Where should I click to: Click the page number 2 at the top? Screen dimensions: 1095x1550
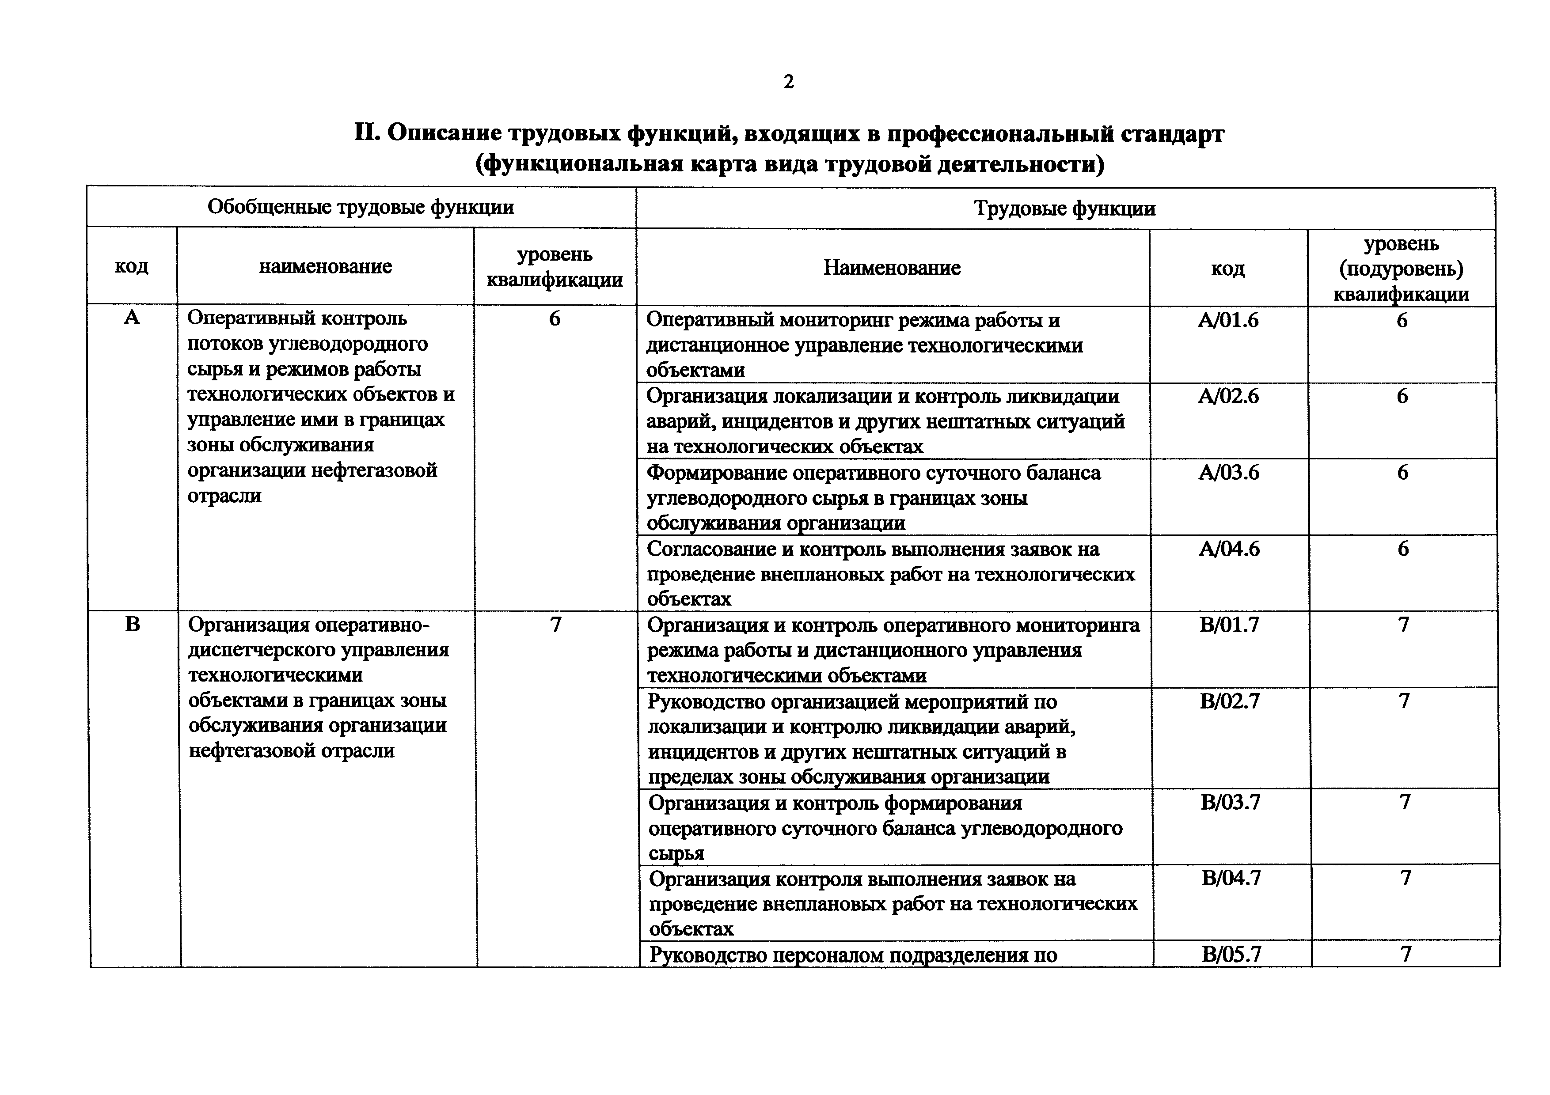coord(789,82)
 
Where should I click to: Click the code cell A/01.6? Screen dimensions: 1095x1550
coord(1228,320)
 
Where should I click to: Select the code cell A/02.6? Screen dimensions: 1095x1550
coord(1228,396)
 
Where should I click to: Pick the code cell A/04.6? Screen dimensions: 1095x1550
coord(1229,549)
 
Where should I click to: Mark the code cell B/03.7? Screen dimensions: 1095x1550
coord(1230,802)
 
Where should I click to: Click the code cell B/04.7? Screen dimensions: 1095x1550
coord(1231,878)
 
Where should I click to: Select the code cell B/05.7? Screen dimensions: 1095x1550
coord(1231,955)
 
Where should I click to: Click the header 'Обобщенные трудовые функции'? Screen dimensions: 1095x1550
coord(361,206)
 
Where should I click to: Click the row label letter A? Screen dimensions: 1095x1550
coord(132,317)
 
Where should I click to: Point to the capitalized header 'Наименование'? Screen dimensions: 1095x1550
coord(891,268)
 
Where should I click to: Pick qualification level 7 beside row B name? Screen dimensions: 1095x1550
coord(555,625)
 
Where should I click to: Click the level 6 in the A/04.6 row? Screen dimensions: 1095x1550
coord(1403,549)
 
